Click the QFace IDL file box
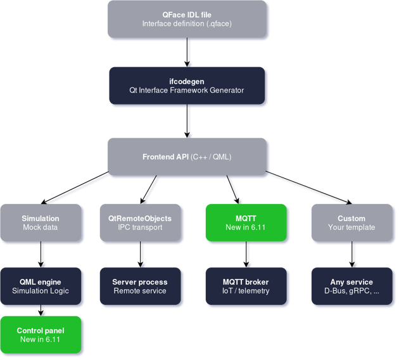(x=186, y=18)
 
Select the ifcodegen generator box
(x=186, y=86)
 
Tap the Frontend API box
(x=186, y=157)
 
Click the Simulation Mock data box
(x=41, y=222)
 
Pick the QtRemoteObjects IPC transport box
(x=140, y=222)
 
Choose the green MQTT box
(x=246, y=222)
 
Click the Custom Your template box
(x=351, y=222)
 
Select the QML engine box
(x=41, y=286)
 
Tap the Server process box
(x=140, y=286)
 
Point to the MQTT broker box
(x=246, y=286)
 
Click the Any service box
(x=351, y=286)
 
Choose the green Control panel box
(x=41, y=335)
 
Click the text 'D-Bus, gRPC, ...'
(x=351, y=291)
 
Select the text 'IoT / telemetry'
(x=246, y=291)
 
